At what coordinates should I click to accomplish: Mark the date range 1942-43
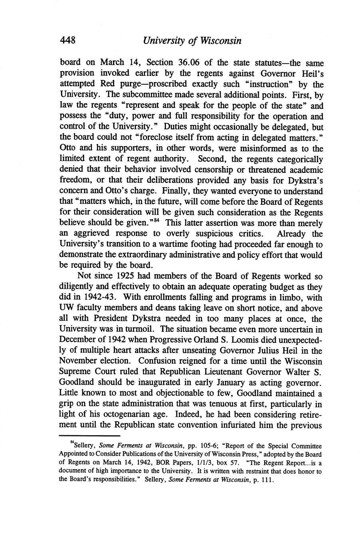95,297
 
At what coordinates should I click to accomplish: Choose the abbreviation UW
67,308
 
